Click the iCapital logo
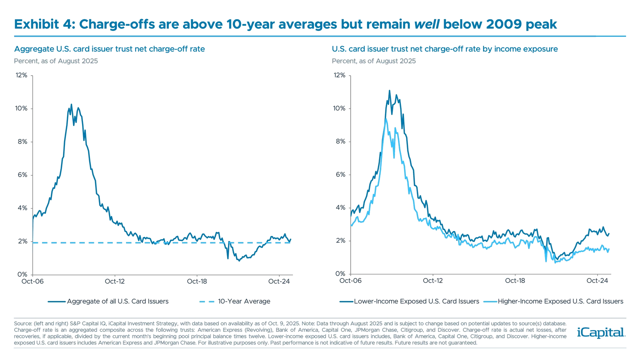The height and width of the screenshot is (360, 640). point(600,332)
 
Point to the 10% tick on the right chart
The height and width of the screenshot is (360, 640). point(339,108)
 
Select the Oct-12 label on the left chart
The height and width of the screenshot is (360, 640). point(115,281)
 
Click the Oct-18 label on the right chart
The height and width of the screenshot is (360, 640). point(515,281)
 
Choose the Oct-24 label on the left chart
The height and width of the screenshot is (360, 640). point(279,281)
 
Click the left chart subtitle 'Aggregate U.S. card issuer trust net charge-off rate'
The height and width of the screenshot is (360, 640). point(109,49)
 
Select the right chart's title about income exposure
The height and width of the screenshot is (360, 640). point(444,49)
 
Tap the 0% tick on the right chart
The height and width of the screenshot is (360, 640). point(341,274)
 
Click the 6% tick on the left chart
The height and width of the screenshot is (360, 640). point(22,175)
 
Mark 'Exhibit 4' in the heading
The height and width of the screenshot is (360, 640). point(43,24)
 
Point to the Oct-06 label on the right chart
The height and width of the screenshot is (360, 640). point(350,281)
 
